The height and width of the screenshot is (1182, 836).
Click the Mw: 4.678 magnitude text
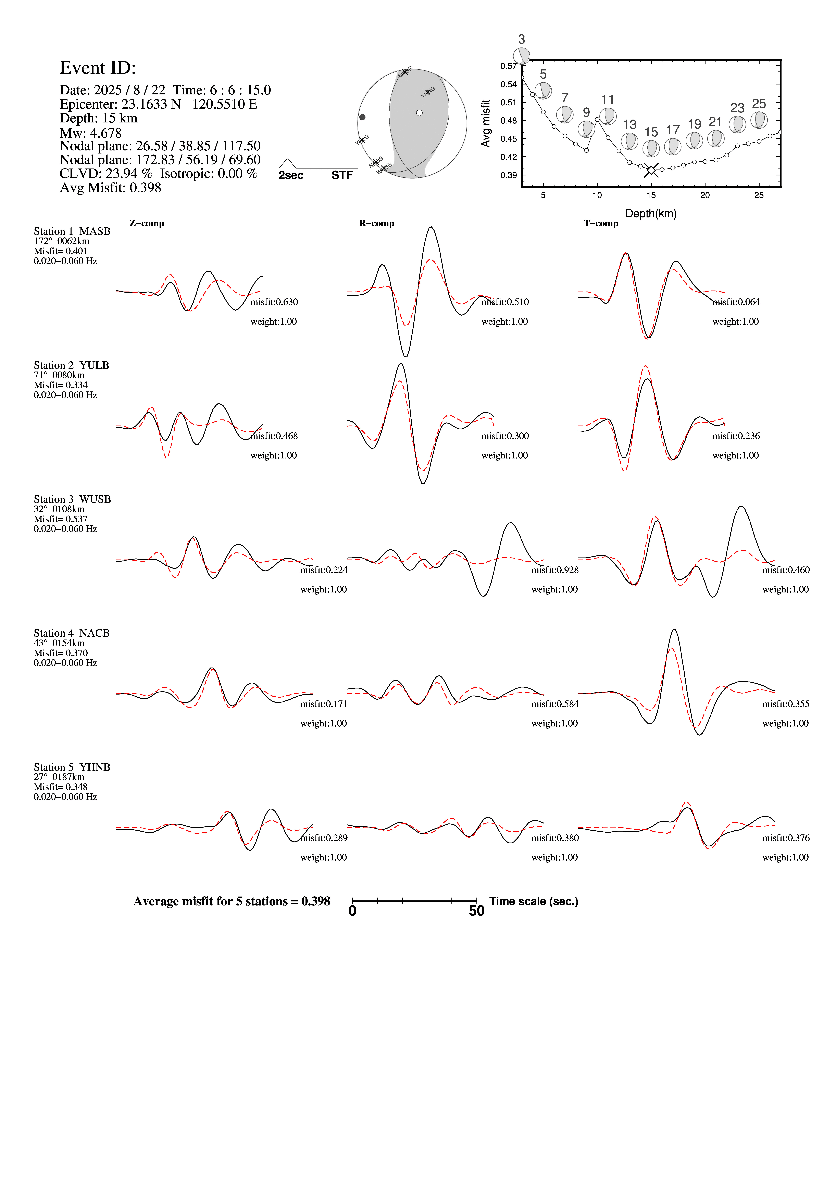point(91,133)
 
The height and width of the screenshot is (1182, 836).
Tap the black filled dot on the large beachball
point(362,117)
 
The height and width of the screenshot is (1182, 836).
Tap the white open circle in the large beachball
point(419,113)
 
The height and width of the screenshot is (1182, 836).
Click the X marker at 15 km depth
point(651,170)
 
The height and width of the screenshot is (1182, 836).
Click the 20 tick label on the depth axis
point(705,195)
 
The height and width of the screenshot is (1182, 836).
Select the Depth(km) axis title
point(651,214)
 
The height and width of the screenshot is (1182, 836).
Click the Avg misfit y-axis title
point(485,124)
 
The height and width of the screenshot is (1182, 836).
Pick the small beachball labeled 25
point(759,120)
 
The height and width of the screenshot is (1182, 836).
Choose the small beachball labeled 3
point(522,56)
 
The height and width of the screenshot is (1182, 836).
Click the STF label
point(342,176)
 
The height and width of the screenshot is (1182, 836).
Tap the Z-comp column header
point(147,223)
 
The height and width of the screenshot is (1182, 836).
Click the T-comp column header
point(601,223)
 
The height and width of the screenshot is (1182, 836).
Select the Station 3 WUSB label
point(72,499)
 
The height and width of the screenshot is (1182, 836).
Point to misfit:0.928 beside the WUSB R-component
point(555,570)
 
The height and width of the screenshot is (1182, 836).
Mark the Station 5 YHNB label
point(72,767)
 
